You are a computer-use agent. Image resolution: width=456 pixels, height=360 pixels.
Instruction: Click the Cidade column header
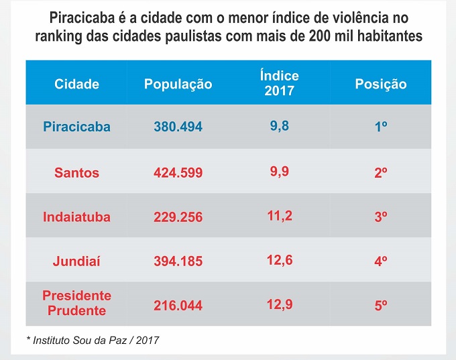coord(76,84)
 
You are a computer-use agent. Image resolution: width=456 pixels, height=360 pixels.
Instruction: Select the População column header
coord(178,84)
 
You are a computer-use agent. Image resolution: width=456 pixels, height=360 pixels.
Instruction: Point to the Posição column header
coord(380,84)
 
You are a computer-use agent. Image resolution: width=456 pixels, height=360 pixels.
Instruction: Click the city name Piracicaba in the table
coord(76,126)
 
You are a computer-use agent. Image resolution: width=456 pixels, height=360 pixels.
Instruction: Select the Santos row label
coord(76,172)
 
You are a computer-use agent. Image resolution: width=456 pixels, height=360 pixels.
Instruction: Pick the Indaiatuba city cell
coord(76,217)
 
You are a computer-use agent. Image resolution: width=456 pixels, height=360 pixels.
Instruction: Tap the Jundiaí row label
coord(76,261)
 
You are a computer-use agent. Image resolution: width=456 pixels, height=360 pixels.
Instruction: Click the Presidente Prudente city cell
coord(76,303)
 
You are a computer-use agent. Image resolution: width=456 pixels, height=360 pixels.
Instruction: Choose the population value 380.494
coord(178,127)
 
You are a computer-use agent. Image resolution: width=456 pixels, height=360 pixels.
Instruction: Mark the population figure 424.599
coord(178,172)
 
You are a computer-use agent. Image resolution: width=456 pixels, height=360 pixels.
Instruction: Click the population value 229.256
coord(178,217)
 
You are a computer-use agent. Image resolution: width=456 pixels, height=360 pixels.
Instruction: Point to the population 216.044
coord(178,305)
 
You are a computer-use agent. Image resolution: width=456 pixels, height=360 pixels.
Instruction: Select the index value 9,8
coord(279,125)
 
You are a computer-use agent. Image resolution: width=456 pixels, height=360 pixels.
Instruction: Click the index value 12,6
coord(279,259)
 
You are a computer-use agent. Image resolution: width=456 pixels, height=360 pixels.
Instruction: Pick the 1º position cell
coord(380,127)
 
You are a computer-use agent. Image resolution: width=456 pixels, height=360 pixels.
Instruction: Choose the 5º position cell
coord(380,305)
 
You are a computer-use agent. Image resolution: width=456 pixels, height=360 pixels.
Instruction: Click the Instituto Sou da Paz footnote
coord(93,341)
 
